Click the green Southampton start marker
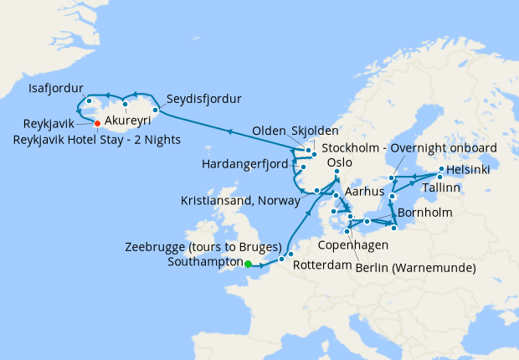(x=248, y=265)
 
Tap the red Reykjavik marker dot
(x=97, y=123)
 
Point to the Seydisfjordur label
(x=204, y=95)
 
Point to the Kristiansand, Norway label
(x=239, y=202)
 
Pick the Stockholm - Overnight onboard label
(x=410, y=147)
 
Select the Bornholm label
(x=425, y=213)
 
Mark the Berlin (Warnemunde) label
(x=416, y=268)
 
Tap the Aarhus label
(x=364, y=192)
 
